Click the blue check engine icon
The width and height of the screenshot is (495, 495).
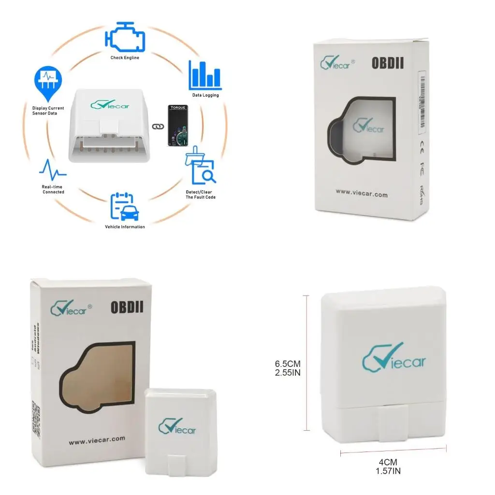124,37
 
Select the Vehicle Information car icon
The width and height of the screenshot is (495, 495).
125,207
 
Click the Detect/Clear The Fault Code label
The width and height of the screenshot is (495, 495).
201,194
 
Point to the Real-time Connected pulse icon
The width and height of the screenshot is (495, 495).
53,170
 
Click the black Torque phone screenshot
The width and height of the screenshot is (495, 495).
177,126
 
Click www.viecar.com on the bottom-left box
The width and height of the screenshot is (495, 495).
97,440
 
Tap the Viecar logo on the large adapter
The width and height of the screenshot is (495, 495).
394,358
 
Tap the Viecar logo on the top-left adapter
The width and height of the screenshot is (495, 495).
110,104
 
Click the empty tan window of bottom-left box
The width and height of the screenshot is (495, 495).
97,377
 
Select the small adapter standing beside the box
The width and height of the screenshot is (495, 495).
177,433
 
